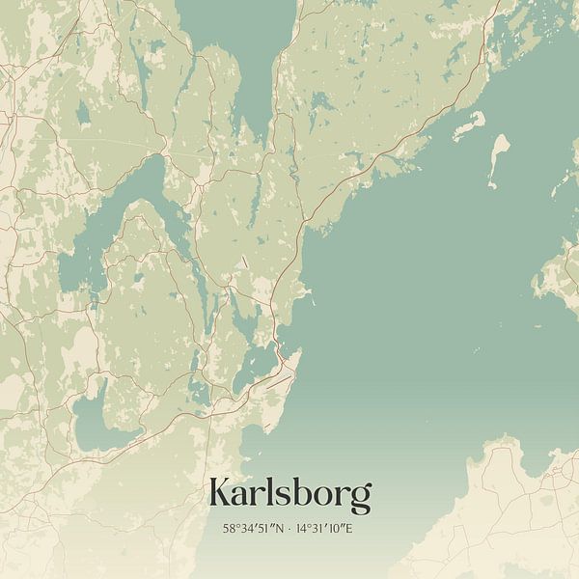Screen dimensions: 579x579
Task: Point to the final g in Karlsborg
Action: (x=359, y=498)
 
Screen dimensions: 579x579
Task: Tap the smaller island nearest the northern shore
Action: (x=469, y=124)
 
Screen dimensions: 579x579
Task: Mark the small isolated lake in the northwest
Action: (x=83, y=116)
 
